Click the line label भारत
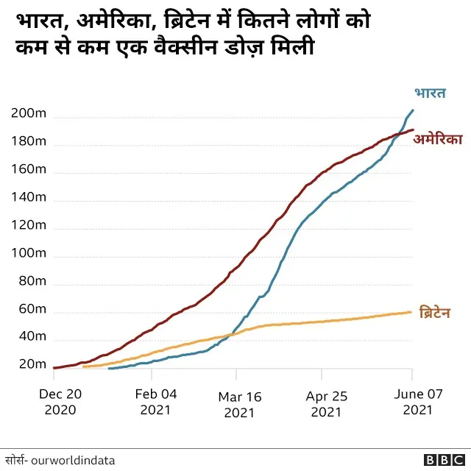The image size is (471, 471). tap(429, 94)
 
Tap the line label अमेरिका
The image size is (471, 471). tap(437, 138)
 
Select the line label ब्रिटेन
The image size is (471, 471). tap(434, 313)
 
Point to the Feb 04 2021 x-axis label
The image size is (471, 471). tap(157, 402)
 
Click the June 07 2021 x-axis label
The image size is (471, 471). tap(418, 402)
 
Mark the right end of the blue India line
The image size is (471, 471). tap(412, 110)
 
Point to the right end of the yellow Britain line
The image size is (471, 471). tap(411, 312)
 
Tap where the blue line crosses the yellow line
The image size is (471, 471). tap(233, 334)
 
